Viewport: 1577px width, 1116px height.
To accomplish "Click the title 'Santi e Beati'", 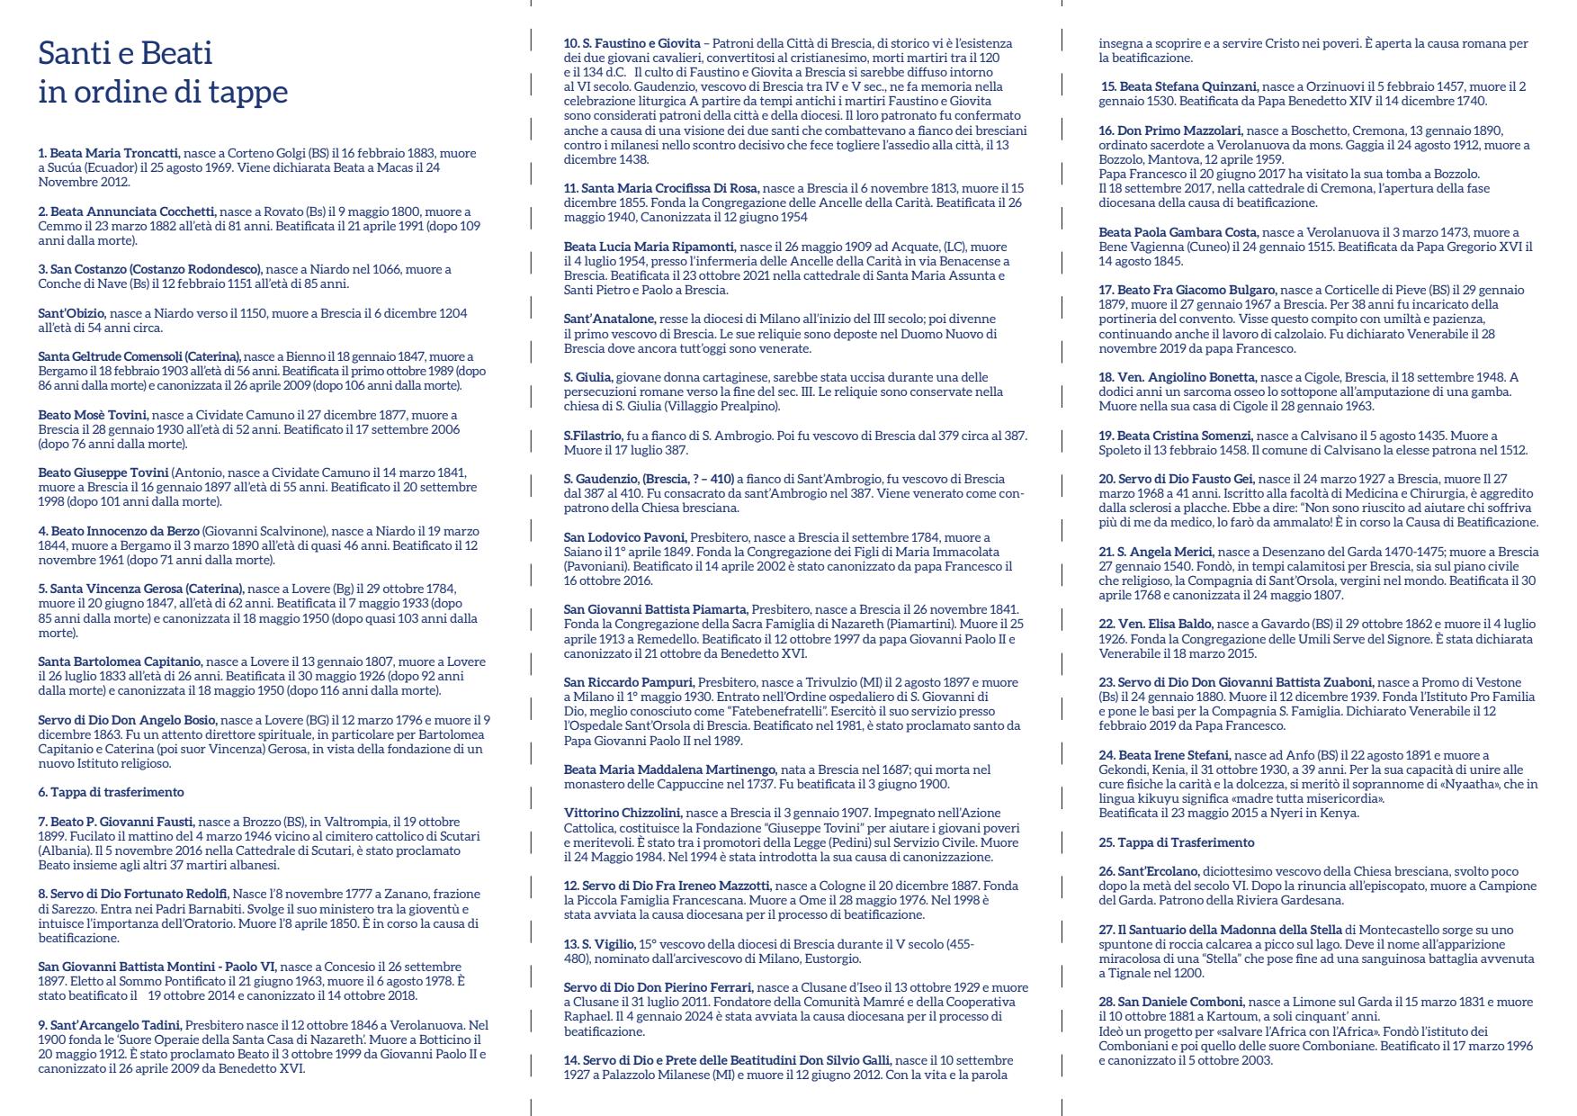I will click(125, 53).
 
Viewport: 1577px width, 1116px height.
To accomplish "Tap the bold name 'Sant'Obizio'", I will click(72, 313).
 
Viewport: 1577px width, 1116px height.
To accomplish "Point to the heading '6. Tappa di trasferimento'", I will click(111, 792).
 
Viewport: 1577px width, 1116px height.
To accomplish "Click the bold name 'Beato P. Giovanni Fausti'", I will click(116, 821).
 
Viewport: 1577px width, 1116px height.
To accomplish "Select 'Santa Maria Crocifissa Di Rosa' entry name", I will click(661, 188).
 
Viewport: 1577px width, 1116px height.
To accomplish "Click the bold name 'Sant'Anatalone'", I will click(609, 319).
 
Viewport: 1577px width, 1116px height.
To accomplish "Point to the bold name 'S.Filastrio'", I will click(593, 435).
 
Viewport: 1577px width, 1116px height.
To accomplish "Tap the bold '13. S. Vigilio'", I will click(598, 944).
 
